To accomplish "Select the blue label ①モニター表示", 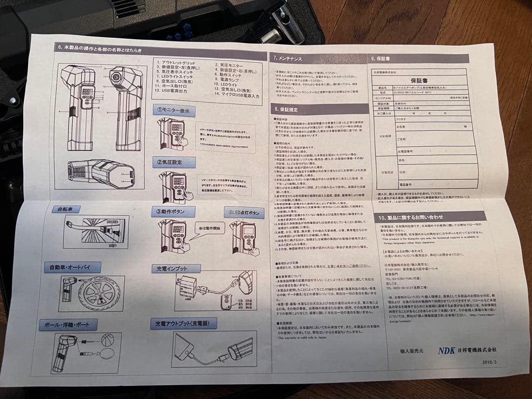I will click(173, 111).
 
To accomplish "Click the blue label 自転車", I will click(66, 209).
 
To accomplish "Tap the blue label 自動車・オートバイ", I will click(72, 267).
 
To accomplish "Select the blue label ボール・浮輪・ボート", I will click(68, 325).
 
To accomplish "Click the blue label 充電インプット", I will click(176, 269).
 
